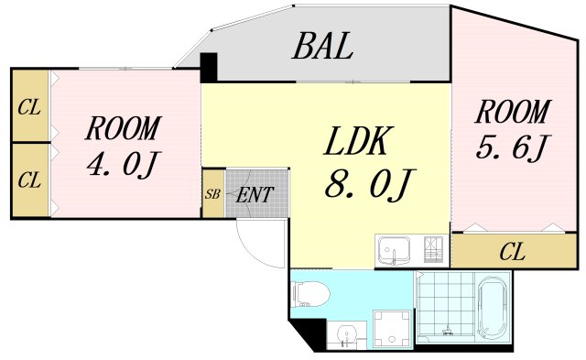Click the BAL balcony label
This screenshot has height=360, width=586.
coord(322,47)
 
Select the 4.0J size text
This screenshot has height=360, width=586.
coord(124,166)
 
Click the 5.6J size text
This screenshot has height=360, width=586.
coord(512,147)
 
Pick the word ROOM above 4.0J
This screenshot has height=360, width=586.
coord(124,128)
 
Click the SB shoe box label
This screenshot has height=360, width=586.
coord(212,194)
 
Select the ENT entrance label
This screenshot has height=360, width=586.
coord(253,194)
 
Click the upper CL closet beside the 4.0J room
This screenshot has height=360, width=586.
coord(29,106)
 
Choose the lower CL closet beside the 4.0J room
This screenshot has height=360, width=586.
coord(29,180)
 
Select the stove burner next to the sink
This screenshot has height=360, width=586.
coord(434,249)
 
